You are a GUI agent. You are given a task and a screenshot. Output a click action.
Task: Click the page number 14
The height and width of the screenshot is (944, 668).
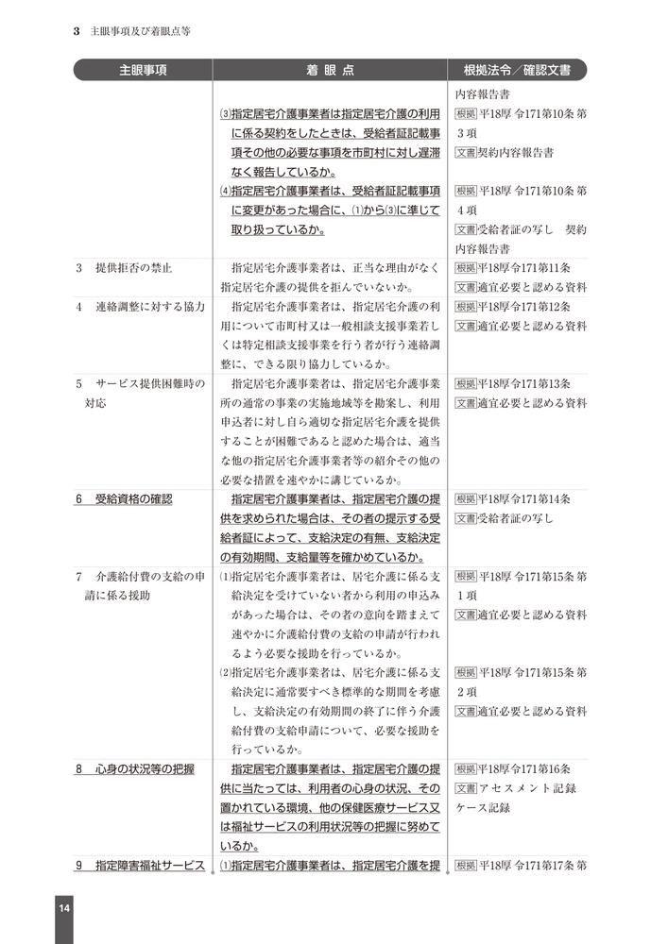click(63, 908)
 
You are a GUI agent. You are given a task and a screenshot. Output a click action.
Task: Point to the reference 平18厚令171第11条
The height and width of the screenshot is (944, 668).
click(524, 268)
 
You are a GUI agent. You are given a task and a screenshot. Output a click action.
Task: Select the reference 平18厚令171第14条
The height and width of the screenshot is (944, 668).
click(524, 498)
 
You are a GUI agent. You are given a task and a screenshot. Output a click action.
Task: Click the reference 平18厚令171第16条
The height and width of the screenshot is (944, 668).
click(524, 768)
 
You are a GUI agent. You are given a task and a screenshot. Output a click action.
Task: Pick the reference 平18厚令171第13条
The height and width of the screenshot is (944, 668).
click(524, 383)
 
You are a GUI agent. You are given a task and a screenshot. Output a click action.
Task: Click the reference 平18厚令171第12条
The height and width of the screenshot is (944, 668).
click(524, 306)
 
